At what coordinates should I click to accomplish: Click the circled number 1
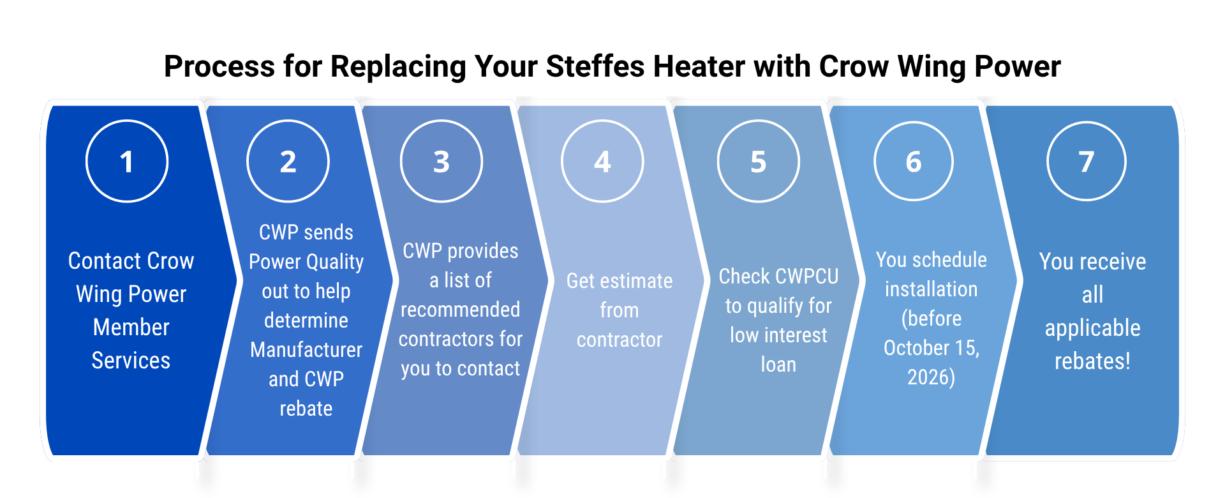point(127,162)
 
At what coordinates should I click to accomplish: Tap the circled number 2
point(288,162)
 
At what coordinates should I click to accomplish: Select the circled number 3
point(442,162)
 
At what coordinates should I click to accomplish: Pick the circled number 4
point(602,162)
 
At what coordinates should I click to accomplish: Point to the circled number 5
point(758,162)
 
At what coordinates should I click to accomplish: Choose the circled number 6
point(914,162)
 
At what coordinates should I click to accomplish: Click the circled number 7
point(1087,162)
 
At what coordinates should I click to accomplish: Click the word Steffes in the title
point(595,66)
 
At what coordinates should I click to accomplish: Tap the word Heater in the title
point(699,66)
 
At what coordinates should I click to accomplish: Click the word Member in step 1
point(131,328)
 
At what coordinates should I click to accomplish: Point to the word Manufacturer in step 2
point(306,350)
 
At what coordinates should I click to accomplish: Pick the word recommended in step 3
point(460,310)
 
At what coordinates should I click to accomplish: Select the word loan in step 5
point(778,365)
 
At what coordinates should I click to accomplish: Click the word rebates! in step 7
point(1092,361)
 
